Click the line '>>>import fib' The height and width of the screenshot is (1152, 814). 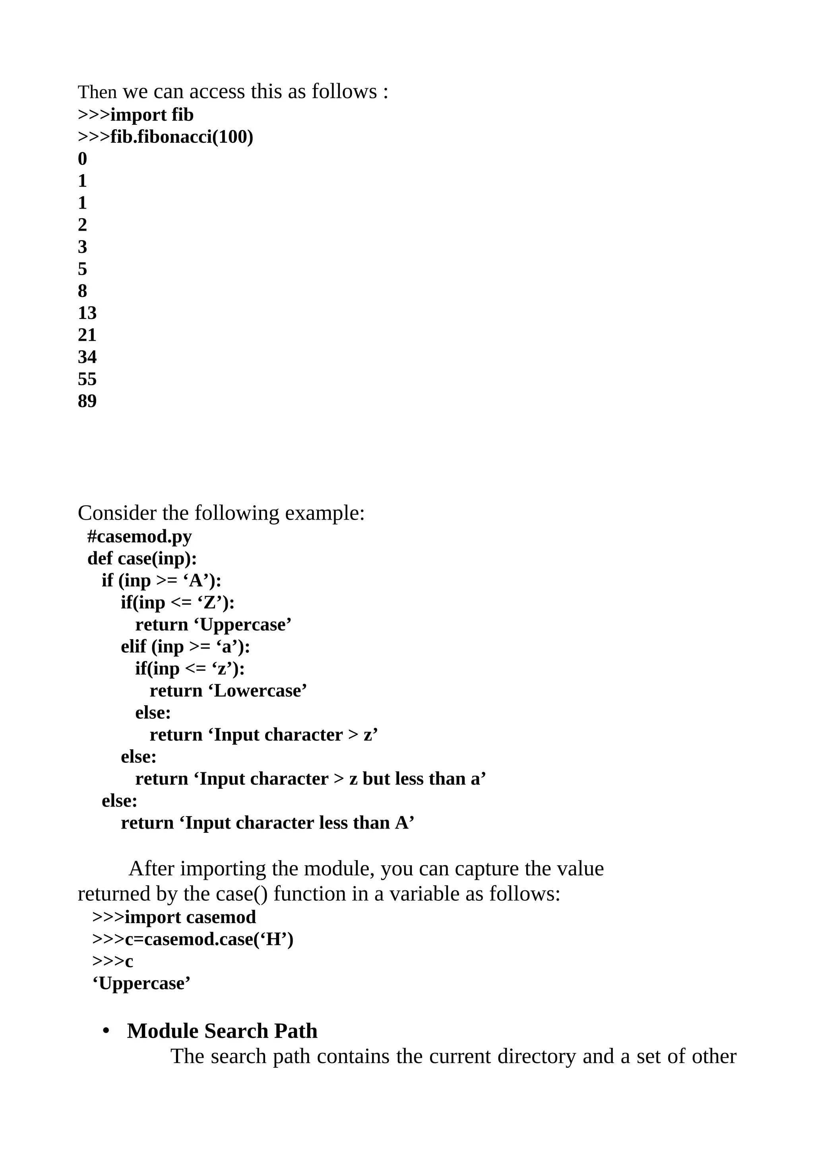136,115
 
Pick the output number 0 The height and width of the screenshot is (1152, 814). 82,159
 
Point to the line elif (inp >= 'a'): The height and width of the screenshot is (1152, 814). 185,646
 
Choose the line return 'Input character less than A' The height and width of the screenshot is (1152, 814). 267,823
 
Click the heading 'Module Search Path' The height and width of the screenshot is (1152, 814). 222,1031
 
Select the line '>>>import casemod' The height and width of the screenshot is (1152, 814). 174,917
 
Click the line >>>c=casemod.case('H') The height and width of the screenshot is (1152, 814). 193,939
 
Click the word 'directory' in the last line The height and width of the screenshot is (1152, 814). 536,1056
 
